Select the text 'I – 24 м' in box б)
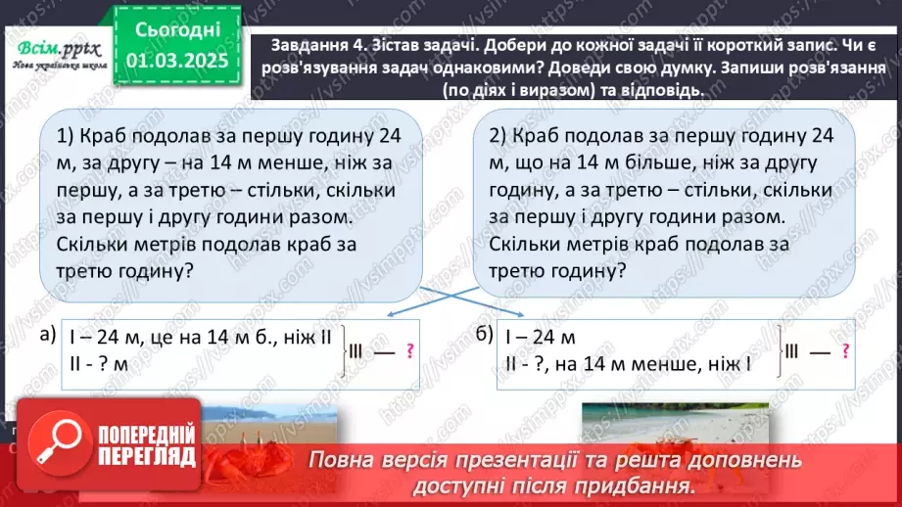pyautogui.click(x=540, y=338)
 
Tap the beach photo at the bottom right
pyautogui.click(x=676, y=426)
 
